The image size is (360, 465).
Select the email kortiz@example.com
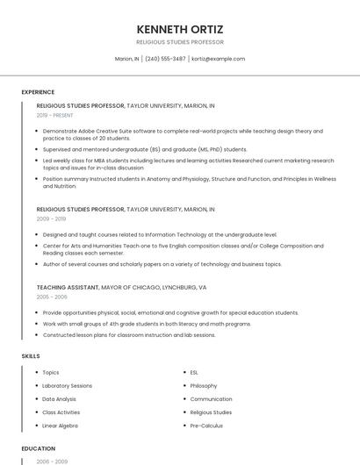click(218, 59)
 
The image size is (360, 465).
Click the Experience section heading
click(38, 92)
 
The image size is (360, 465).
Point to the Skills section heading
click(31, 356)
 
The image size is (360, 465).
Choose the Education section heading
click(39, 448)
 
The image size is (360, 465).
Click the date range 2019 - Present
click(55, 115)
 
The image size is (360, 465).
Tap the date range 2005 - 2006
click(52, 297)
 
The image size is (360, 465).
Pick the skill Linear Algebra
click(61, 426)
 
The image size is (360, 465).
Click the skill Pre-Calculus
click(206, 426)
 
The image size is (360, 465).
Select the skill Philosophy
click(203, 386)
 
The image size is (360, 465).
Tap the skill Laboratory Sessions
click(67, 386)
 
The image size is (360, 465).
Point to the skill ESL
click(194, 373)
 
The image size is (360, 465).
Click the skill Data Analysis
click(60, 399)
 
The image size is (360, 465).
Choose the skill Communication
click(211, 399)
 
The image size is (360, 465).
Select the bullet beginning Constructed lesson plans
click(128, 334)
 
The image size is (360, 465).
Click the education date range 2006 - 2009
click(52, 461)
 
